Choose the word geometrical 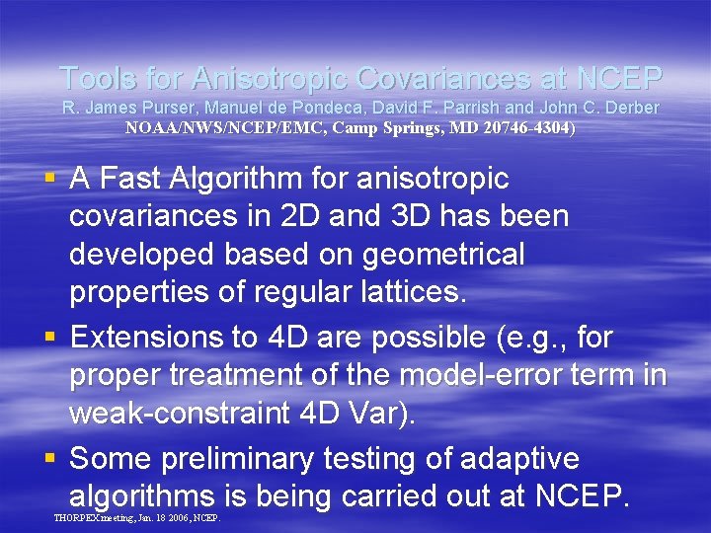444,254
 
